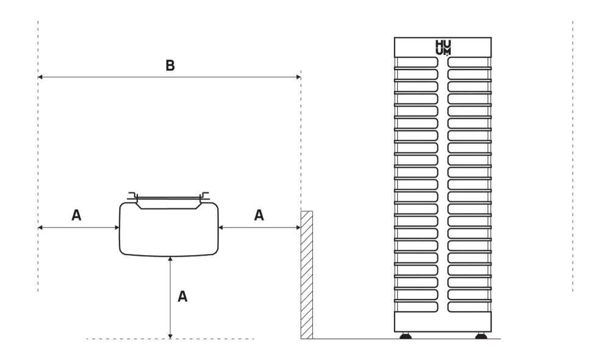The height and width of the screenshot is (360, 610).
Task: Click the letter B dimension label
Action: (170, 65)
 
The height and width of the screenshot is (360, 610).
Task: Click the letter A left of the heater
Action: (76, 215)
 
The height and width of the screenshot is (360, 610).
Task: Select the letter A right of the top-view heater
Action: (259, 215)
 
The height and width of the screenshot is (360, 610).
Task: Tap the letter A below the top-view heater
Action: (182, 297)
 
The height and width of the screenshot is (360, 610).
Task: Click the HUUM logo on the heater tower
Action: (443, 48)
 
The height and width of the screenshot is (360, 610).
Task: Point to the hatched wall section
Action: (307, 275)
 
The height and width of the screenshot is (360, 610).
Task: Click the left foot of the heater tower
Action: (406, 336)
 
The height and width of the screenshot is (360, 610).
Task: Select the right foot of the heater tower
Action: (481, 336)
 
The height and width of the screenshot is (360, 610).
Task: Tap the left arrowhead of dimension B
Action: (40, 77)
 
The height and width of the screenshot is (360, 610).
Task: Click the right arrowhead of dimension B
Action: (298, 77)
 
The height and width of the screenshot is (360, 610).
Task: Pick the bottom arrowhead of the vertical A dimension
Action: (170, 336)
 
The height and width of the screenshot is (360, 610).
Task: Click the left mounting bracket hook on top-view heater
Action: (134, 196)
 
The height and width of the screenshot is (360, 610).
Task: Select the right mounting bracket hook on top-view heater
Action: (204, 196)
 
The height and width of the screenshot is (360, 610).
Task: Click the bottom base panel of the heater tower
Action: (443, 322)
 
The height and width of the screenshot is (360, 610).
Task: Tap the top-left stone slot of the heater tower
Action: (417, 62)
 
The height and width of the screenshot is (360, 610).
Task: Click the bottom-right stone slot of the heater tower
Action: (469, 307)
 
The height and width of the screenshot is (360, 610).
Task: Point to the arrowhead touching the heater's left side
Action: (117, 227)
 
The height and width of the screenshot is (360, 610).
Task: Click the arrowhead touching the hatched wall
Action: (298, 227)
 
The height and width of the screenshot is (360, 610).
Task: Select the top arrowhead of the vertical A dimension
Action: (170, 259)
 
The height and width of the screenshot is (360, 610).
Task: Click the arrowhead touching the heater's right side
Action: (221, 227)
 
